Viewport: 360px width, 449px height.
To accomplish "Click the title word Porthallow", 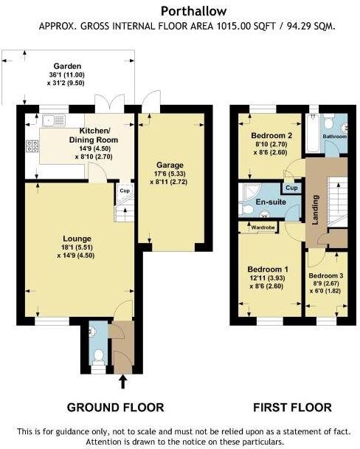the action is [x=193, y=12].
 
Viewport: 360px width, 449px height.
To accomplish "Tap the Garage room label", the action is [x=170, y=165].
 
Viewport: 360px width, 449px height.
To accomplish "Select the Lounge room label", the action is [x=77, y=239].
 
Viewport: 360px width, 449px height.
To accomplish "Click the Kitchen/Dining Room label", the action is [x=94, y=135].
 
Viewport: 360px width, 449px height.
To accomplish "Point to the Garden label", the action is [x=67, y=66].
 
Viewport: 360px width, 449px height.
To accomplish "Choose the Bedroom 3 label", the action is [x=326, y=275].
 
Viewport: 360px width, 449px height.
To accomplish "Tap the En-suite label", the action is [x=271, y=202].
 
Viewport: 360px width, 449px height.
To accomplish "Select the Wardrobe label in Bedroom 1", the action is [x=263, y=227].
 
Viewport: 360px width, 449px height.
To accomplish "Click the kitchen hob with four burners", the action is [x=32, y=146].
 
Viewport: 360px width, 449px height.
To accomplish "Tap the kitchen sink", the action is [x=54, y=120].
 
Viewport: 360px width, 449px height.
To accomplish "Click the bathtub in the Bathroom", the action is [x=313, y=133].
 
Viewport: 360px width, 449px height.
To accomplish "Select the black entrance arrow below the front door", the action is [x=123, y=382].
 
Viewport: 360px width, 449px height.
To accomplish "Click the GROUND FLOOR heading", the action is [x=116, y=407].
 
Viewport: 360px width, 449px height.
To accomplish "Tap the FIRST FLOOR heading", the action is [x=293, y=407].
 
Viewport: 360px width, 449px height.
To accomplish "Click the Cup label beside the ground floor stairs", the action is [x=125, y=191].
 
